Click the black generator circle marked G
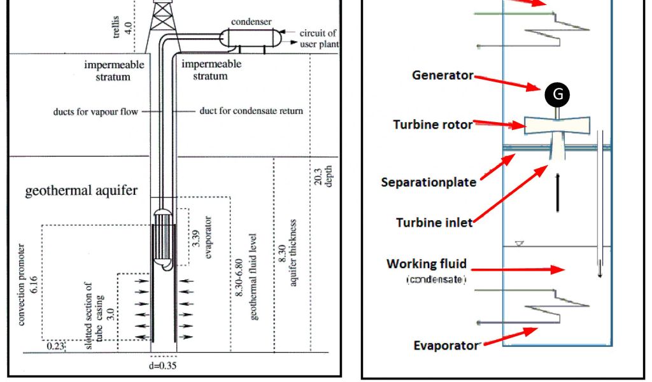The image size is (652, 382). [x=557, y=95]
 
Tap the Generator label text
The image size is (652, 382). [x=443, y=75]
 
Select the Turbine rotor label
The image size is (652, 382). [x=432, y=125]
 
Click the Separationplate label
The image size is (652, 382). [x=429, y=182]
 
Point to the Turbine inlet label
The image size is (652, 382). [x=434, y=222]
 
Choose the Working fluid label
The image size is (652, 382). [x=427, y=264]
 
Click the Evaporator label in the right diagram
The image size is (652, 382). [x=445, y=345]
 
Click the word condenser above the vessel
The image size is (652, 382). [x=251, y=22]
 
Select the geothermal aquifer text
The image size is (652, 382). [x=81, y=191]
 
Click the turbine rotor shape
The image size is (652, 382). [x=557, y=125]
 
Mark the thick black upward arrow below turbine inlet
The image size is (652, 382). [x=558, y=192]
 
